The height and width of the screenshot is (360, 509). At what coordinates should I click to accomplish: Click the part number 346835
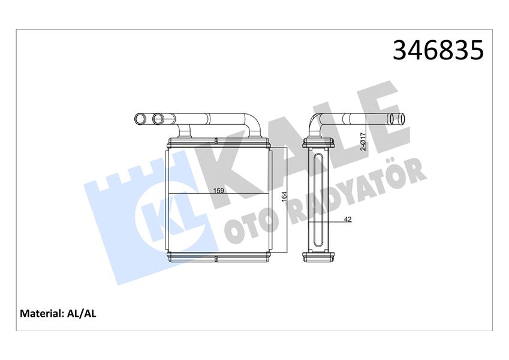(437, 50)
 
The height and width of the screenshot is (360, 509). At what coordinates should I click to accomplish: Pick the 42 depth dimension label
(348, 220)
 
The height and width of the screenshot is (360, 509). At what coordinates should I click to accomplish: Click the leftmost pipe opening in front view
(140, 119)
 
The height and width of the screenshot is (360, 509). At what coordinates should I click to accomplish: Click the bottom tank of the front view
(218, 259)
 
